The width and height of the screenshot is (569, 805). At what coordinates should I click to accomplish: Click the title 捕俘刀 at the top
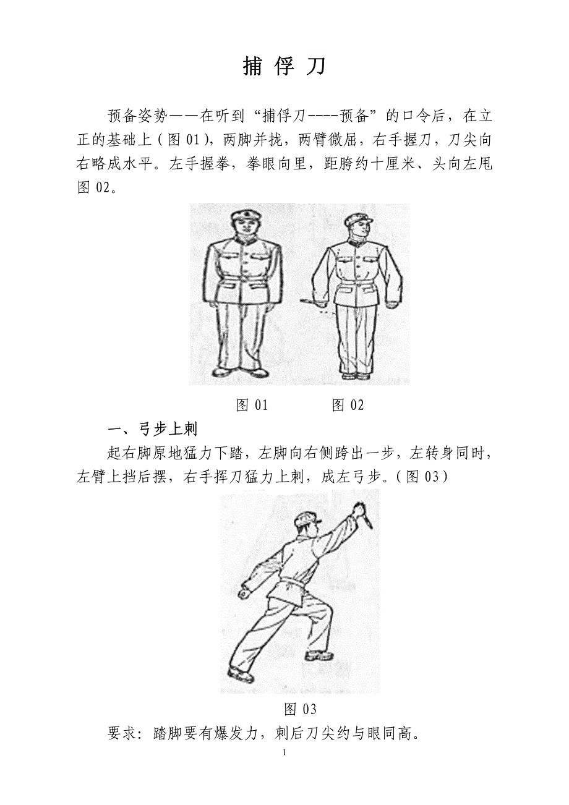[x=284, y=66]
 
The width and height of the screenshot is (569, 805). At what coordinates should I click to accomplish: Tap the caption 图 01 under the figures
[x=252, y=405]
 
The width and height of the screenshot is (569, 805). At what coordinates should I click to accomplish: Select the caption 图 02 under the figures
[x=348, y=405]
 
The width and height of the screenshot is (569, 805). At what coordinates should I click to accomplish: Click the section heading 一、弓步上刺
[x=152, y=429]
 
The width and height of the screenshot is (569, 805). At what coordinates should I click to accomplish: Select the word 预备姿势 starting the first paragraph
[x=138, y=116]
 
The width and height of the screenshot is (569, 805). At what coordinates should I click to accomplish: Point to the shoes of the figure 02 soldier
[x=355, y=376]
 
